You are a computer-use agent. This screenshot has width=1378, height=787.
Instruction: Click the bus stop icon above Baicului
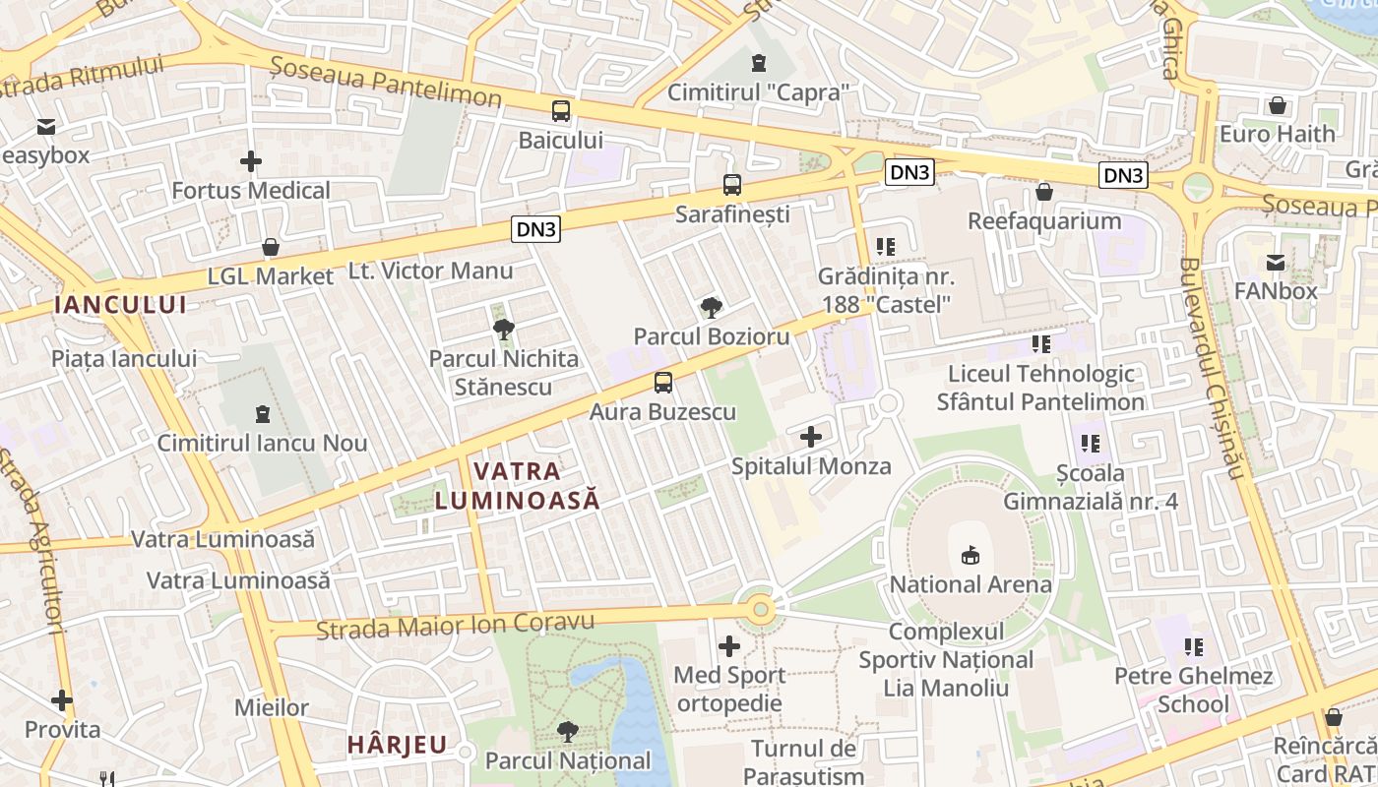coord(561,111)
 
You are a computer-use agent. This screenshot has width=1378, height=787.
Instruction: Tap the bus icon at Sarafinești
coord(732,185)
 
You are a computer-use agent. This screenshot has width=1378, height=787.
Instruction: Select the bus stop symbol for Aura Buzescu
coord(663,383)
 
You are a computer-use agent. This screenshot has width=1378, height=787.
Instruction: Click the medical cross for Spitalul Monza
coord(811,437)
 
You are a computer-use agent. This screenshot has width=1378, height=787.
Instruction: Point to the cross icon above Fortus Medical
coord(251,160)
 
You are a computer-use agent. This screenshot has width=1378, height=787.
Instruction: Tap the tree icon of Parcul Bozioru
coord(711,308)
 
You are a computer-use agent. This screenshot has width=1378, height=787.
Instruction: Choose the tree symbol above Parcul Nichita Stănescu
coord(503,329)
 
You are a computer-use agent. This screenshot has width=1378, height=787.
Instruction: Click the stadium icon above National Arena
coord(971,556)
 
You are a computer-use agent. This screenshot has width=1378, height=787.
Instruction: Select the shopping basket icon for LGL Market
coord(271,247)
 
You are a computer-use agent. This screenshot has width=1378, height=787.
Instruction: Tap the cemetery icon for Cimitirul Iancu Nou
coord(262,414)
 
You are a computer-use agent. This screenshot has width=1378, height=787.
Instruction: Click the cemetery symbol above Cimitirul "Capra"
coord(758,64)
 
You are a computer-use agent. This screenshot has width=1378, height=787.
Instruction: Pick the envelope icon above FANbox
coord(1276,263)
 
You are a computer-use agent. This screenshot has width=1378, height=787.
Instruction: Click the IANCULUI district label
coord(120,304)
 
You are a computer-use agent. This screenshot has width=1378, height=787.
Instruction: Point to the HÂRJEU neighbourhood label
coord(397,745)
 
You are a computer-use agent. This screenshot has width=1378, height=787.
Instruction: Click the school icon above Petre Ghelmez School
coord(1194,647)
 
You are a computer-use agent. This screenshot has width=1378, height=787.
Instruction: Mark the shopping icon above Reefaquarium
coord(1044,192)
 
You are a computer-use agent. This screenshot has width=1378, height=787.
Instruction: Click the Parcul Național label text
coord(568,760)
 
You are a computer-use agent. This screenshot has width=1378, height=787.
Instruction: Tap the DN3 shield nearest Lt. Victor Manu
coord(536,230)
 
